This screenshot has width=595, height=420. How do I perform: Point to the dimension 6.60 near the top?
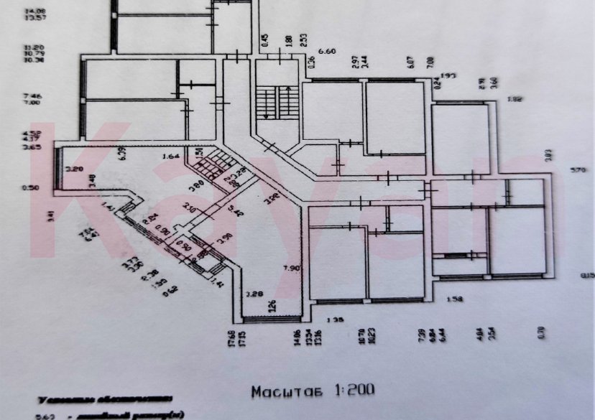tap(327, 52)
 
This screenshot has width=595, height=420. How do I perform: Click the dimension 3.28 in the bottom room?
tap(255, 294)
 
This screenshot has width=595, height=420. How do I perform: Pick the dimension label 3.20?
tap(75, 169)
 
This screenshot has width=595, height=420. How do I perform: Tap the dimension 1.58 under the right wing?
tap(454, 299)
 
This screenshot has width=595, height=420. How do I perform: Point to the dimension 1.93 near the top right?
tap(449, 75)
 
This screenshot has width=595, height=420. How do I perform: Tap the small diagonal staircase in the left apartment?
tap(213, 167)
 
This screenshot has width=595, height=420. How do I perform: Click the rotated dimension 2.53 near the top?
tap(305, 40)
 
